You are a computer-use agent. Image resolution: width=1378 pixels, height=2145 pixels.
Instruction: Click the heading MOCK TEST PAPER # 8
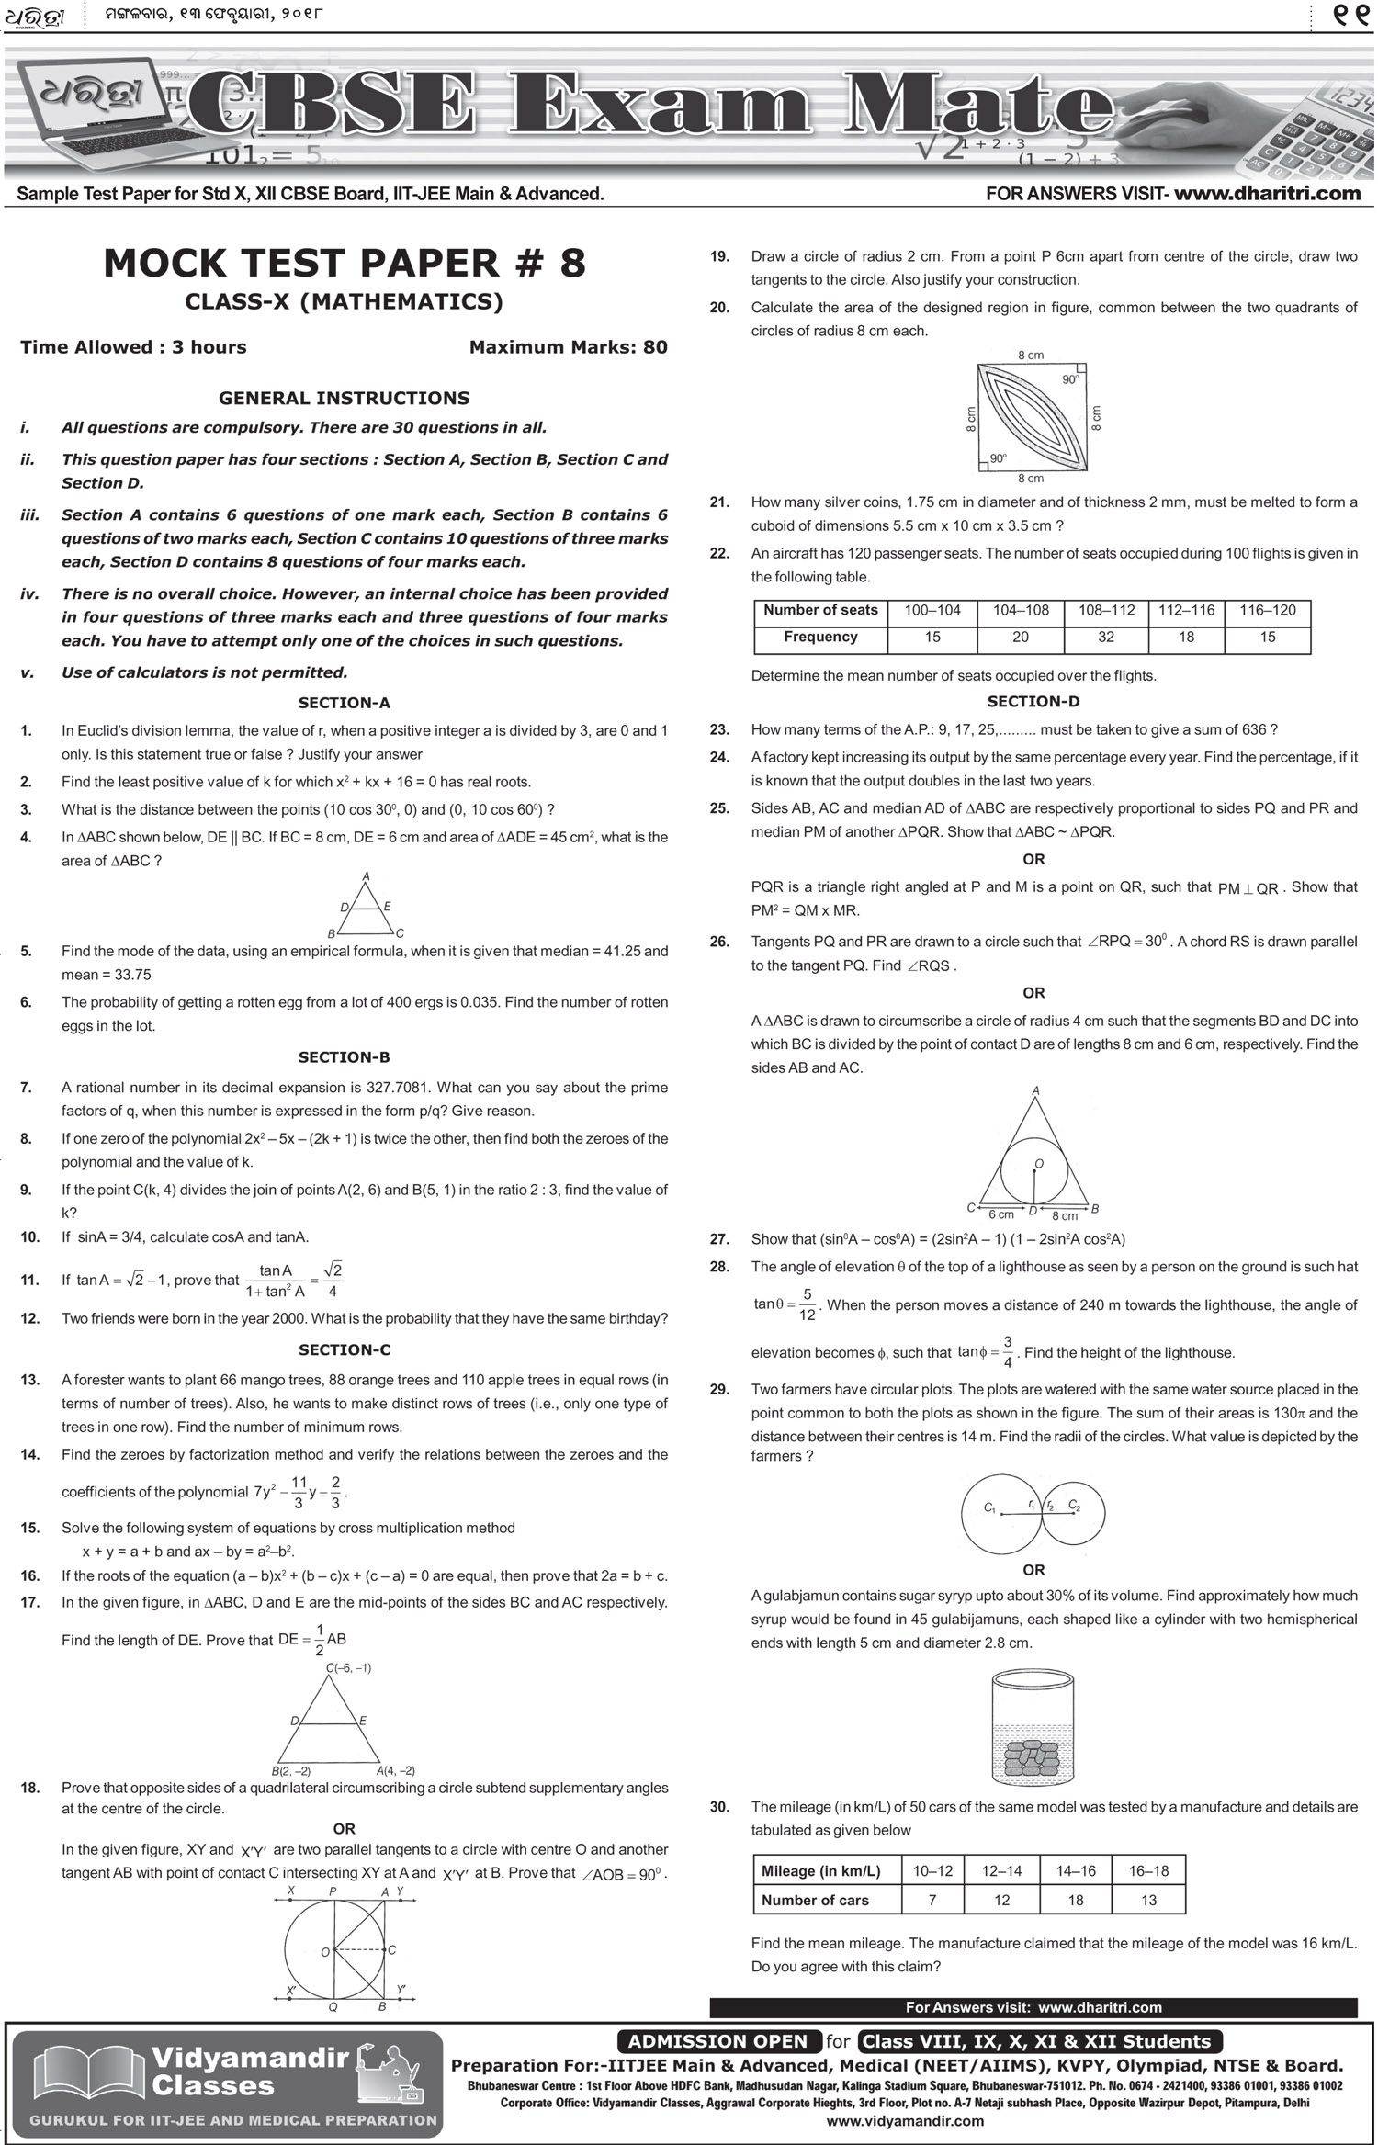(344, 264)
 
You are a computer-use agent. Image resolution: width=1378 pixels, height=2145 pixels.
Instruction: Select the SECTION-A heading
(344, 703)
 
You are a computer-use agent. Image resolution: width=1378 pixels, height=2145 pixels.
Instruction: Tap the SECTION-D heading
(1033, 702)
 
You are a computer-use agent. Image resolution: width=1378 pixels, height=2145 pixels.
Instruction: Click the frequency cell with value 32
(1106, 638)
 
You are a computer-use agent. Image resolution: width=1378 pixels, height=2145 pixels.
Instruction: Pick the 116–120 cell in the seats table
(1268, 610)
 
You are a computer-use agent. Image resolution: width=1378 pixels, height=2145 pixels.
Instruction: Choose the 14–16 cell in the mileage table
(1076, 1871)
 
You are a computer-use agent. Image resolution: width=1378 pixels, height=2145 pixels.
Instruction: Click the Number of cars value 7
(932, 1900)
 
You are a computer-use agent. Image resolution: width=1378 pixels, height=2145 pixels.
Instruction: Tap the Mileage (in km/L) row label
(820, 1871)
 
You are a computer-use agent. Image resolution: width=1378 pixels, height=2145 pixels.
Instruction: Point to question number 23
(719, 730)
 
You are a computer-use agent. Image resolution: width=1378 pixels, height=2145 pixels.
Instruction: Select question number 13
(29, 1380)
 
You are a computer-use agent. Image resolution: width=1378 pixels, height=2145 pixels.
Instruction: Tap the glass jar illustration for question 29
(1033, 1724)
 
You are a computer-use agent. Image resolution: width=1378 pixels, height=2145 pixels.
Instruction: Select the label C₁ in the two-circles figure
(989, 1507)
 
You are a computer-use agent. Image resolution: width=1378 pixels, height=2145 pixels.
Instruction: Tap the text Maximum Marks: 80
(568, 347)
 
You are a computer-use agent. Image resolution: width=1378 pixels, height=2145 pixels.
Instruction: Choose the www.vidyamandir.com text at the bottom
(905, 2121)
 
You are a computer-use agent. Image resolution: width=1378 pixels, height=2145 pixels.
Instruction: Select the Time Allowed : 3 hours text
(133, 347)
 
